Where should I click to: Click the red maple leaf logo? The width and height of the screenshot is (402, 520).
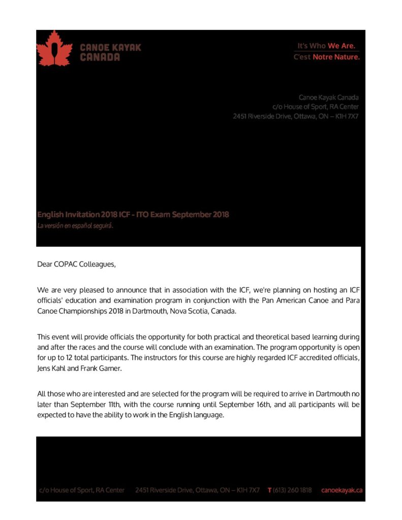click(53, 49)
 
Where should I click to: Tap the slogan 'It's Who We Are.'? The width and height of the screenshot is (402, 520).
click(326, 46)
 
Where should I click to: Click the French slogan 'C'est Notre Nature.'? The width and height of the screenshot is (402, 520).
click(326, 57)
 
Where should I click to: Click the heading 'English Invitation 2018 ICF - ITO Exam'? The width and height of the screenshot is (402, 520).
click(133, 214)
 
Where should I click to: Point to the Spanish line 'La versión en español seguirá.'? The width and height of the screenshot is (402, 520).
click(75, 226)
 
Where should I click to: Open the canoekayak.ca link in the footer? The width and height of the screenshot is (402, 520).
click(342, 490)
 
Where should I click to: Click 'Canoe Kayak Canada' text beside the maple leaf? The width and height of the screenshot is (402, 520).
click(110, 52)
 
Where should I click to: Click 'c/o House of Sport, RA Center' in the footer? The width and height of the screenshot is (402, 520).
click(82, 490)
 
